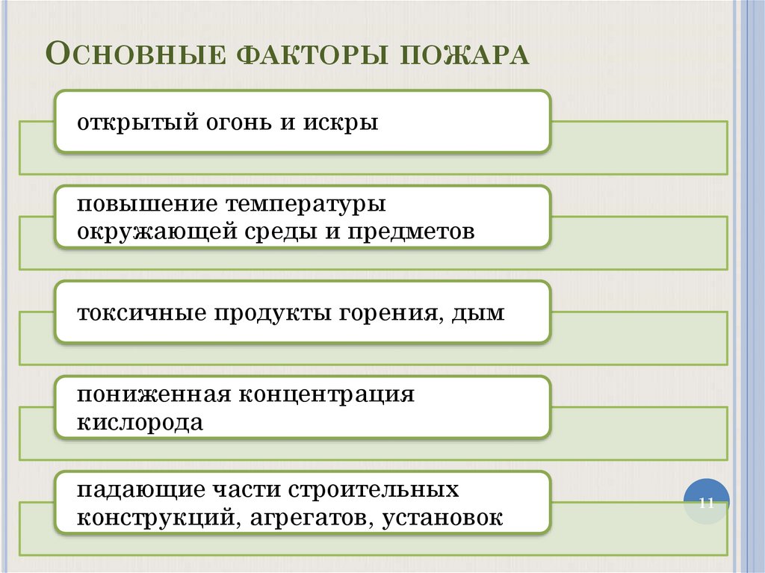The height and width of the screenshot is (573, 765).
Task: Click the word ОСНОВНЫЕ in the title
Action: click(x=136, y=54)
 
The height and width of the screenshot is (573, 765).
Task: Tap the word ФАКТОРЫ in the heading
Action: click(x=313, y=55)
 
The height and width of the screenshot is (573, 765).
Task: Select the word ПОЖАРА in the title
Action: click(x=465, y=55)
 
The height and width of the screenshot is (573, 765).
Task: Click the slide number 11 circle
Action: click(x=706, y=502)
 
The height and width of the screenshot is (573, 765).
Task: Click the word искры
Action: click(x=341, y=123)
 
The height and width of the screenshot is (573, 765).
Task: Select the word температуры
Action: click(x=306, y=205)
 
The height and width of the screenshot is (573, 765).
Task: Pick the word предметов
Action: click(x=411, y=232)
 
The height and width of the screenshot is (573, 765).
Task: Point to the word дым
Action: click(x=478, y=313)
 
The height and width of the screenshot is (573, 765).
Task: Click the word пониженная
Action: click(x=154, y=394)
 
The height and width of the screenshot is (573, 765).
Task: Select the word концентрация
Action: click(x=326, y=395)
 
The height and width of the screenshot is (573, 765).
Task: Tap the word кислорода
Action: click(x=140, y=423)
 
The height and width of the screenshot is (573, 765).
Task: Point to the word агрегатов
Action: click(x=312, y=518)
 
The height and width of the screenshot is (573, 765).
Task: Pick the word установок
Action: click(x=442, y=518)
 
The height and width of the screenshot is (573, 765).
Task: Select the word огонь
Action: click(x=239, y=123)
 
